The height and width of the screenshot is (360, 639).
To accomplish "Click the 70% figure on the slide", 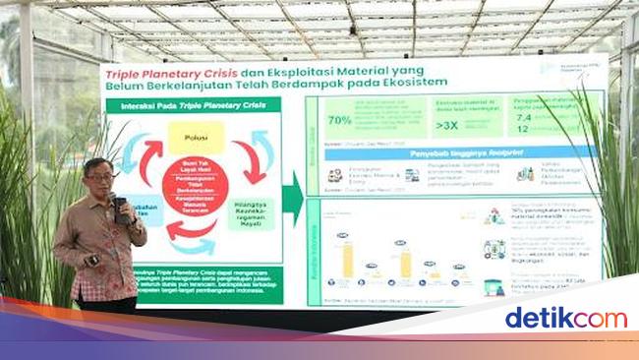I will (x=340, y=120).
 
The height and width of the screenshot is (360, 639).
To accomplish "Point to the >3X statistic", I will (x=425, y=126).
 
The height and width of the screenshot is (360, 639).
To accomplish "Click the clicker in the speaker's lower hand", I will (x=92, y=259).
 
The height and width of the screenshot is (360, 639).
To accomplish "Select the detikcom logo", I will (x=564, y=318).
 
